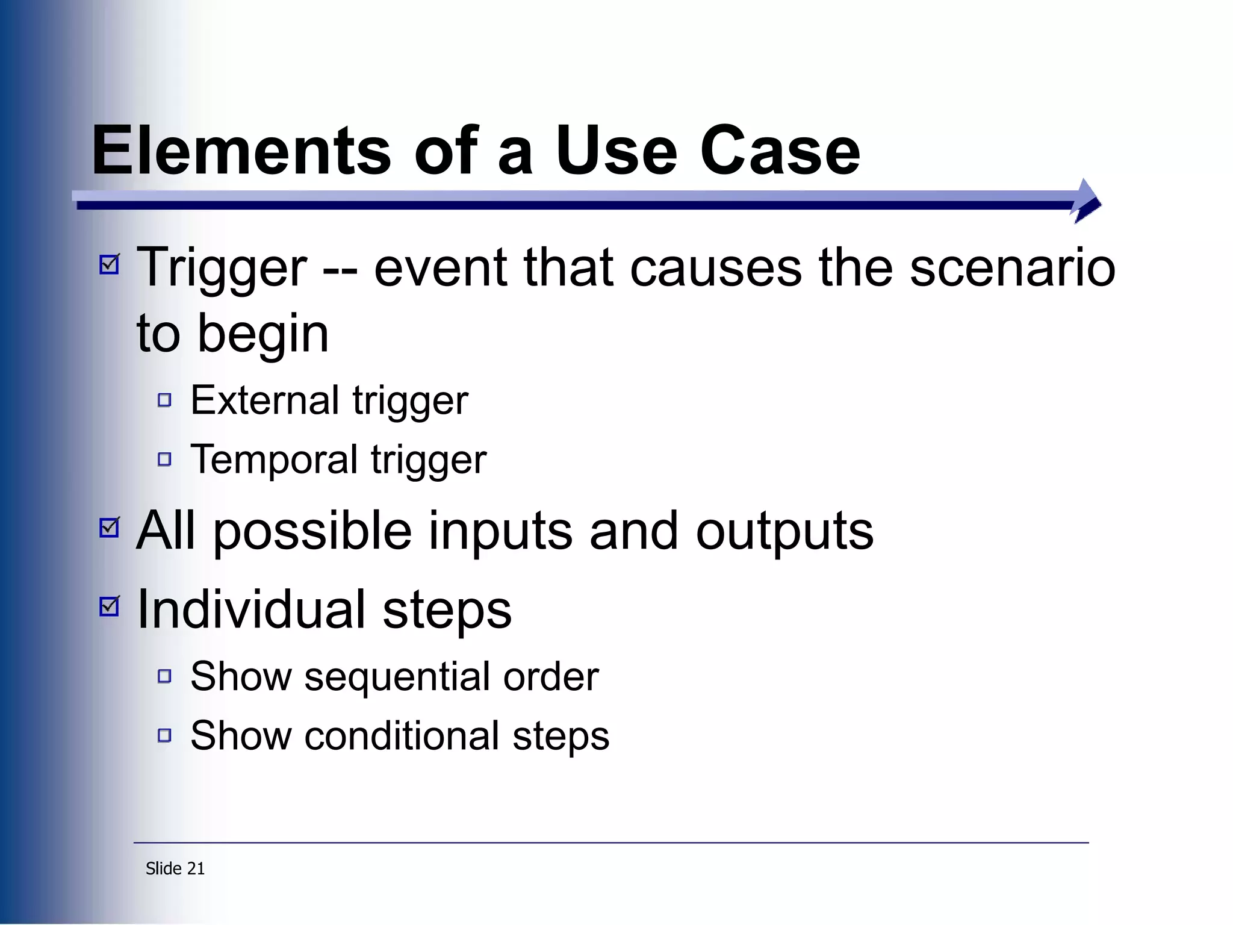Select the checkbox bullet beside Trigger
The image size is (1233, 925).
[110, 264]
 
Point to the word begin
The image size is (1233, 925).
[262, 334]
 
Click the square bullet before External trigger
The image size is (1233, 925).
[164, 400]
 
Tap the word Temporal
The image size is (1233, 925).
[274, 459]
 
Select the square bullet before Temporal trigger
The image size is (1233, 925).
[164, 459]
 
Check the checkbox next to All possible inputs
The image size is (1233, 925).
[110, 527]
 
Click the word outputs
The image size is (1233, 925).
[784, 532]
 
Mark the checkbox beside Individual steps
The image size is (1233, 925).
[110, 606]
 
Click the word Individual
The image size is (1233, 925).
[252, 610]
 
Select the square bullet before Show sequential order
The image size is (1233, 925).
[164, 676]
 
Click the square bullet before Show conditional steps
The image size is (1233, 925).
[164, 735]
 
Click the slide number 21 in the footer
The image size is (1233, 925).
[196, 868]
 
